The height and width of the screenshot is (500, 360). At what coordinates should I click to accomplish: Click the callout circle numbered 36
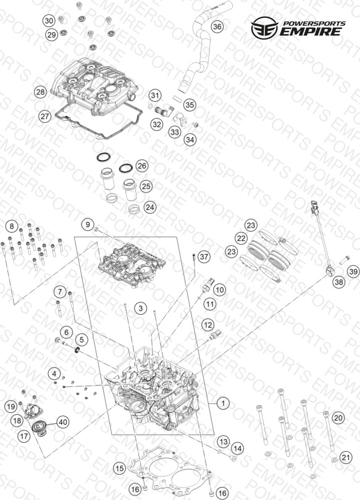tap(217, 27)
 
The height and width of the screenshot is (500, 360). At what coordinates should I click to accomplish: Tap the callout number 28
tap(41, 93)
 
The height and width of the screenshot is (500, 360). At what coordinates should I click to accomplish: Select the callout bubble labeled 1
tap(223, 403)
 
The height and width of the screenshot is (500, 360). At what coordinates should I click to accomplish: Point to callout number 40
tap(63, 422)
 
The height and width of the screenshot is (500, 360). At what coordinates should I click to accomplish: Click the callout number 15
tap(120, 468)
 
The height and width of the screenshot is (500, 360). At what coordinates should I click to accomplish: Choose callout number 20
tap(338, 418)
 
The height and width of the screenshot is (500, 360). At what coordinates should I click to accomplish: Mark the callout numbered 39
tap(353, 272)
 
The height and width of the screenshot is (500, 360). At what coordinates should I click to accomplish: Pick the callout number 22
tap(241, 238)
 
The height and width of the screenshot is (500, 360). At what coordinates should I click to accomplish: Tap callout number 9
tap(88, 225)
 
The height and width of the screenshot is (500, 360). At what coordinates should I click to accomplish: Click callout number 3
tap(141, 308)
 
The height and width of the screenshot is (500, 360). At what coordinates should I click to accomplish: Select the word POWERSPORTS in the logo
tap(314, 23)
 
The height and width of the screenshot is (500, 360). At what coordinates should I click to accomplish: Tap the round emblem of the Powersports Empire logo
tap(265, 28)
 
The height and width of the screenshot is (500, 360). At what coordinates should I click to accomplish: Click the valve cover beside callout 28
tap(96, 85)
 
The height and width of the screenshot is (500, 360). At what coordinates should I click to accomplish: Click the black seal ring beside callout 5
tap(77, 351)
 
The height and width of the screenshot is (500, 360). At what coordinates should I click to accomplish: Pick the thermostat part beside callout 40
tap(41, 428)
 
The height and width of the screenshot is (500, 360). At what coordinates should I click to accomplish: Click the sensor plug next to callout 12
tap(215, 335)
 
